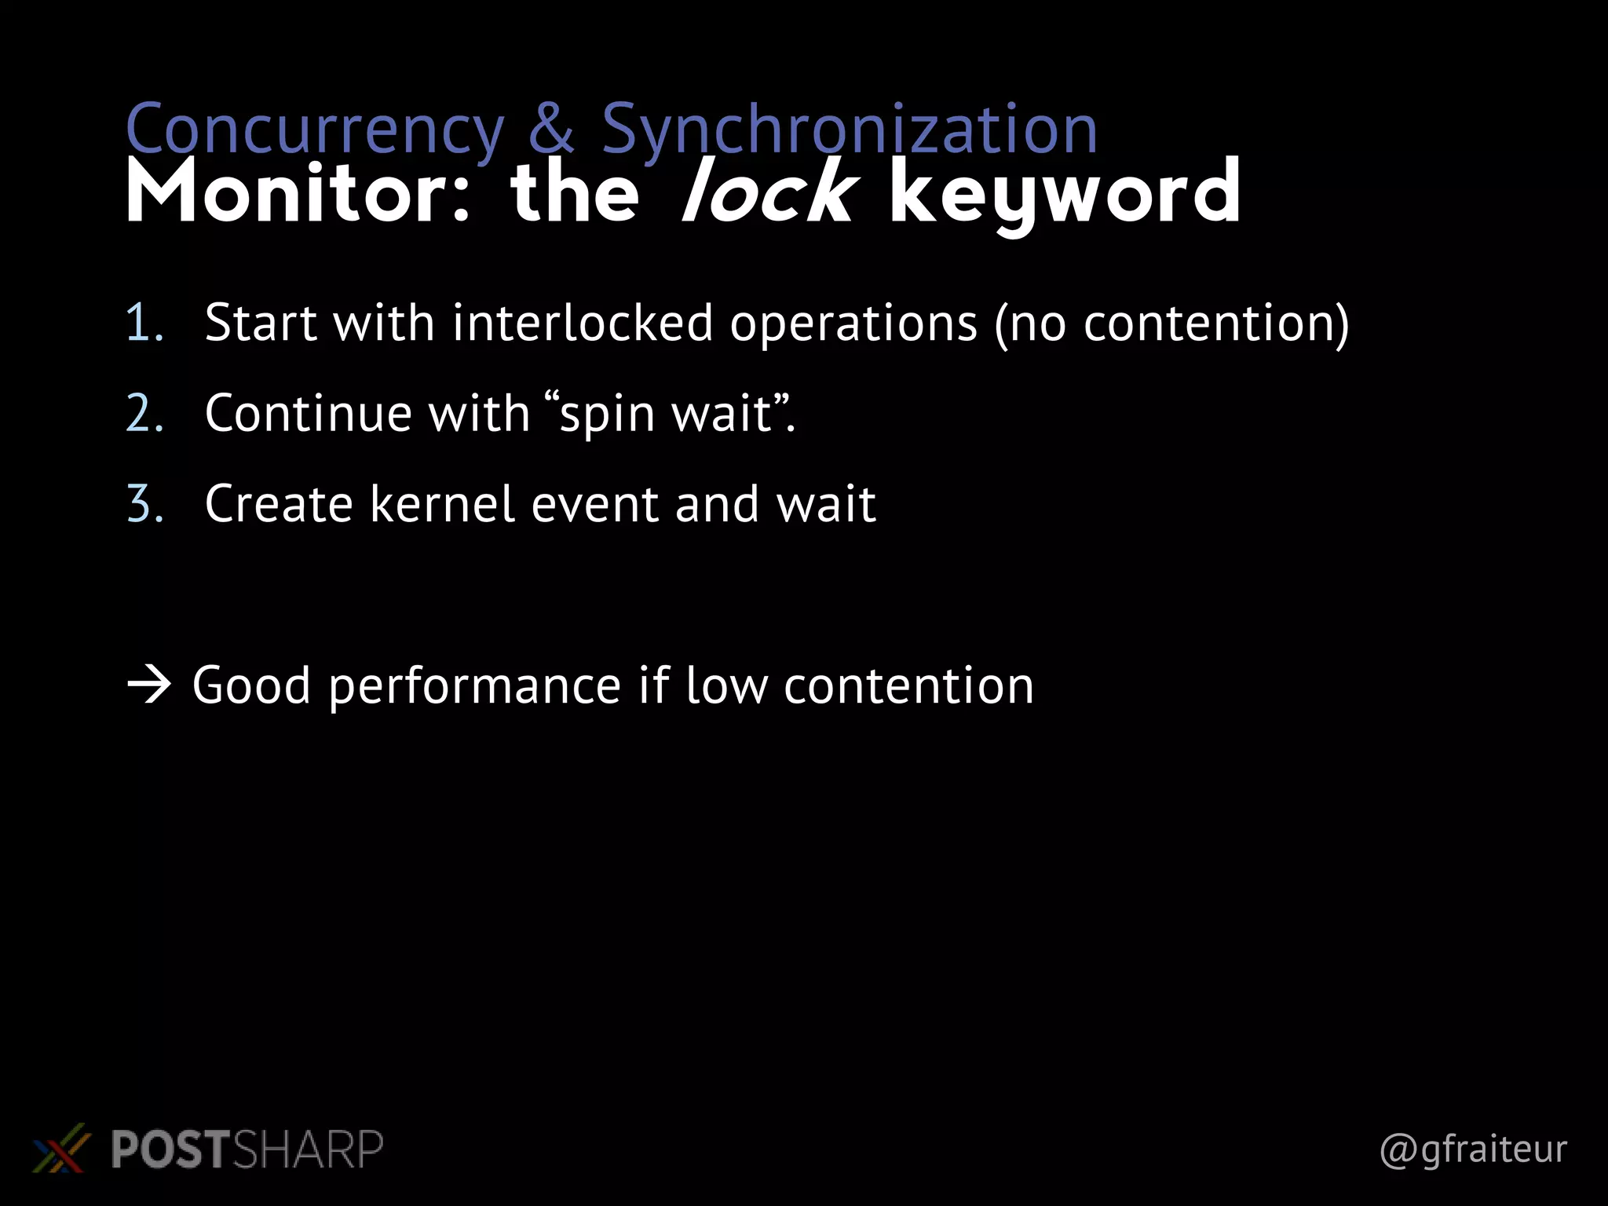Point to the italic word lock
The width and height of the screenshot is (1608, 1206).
(x=768, y=193)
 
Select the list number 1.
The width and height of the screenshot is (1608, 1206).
(x=144, y=323)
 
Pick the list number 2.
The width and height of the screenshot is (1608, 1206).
(x=144, y=414)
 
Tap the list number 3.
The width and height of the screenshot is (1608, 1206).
(x=144, y=504)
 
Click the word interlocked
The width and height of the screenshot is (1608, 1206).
(x=582, y=323)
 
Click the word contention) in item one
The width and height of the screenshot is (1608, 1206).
(x=1216, y=323)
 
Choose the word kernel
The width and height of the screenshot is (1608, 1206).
(x=442, y=504)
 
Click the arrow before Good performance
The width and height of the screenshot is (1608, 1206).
(x=149, y=685)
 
